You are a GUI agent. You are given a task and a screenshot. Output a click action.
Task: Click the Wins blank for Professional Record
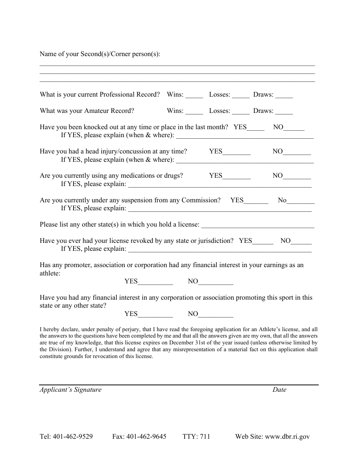[194, 95]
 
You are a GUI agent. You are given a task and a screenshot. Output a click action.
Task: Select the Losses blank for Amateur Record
[241, 112]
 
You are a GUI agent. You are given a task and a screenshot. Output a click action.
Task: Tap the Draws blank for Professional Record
[284, 95]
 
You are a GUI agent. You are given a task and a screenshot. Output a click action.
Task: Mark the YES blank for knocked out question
[255, 128]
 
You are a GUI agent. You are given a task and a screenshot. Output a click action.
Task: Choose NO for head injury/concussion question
[297, 152]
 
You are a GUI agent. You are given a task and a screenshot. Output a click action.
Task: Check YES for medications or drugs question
[236, 177]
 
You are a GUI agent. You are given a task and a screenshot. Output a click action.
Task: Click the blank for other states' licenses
[258, 225]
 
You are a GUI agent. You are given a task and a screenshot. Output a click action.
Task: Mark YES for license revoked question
[263, 242]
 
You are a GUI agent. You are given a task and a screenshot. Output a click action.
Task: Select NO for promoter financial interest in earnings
[215, 282]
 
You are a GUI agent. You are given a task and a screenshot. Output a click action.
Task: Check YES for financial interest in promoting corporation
[155, 314]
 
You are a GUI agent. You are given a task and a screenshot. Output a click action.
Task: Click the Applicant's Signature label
[70, 390]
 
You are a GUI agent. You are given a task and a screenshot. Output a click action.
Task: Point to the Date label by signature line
[279, 390]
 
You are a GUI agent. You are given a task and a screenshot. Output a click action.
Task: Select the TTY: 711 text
[196, 436]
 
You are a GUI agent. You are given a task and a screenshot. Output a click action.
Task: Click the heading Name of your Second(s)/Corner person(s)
[100, 54]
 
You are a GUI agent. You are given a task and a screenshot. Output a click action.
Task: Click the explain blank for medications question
[220, 185]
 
